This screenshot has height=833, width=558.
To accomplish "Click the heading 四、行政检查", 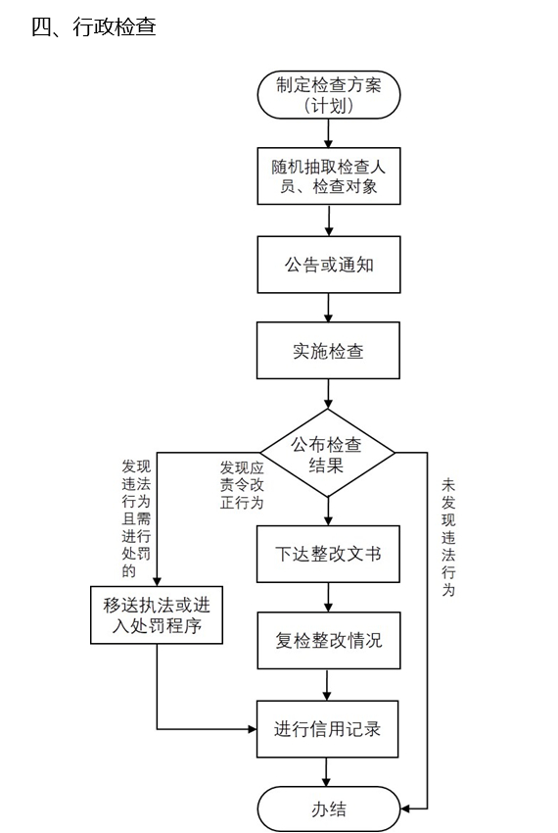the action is click(93, 26).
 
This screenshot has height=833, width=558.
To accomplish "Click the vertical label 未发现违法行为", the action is click(448, 537).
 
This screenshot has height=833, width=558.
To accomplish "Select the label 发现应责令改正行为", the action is click(242, 485).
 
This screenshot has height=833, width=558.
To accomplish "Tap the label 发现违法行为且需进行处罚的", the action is click(136, 518).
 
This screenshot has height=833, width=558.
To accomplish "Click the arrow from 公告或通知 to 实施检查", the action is click(329, 308).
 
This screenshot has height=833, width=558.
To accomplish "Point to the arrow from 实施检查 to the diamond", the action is click(328, 394).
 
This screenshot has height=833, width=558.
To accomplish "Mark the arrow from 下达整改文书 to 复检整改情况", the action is click(328, 597).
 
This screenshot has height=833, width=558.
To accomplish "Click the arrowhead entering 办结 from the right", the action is click(404, 809).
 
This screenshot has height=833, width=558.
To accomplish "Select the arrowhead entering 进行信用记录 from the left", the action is click(253, 729).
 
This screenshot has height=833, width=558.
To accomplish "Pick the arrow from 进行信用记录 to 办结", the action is click(326, 772).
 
